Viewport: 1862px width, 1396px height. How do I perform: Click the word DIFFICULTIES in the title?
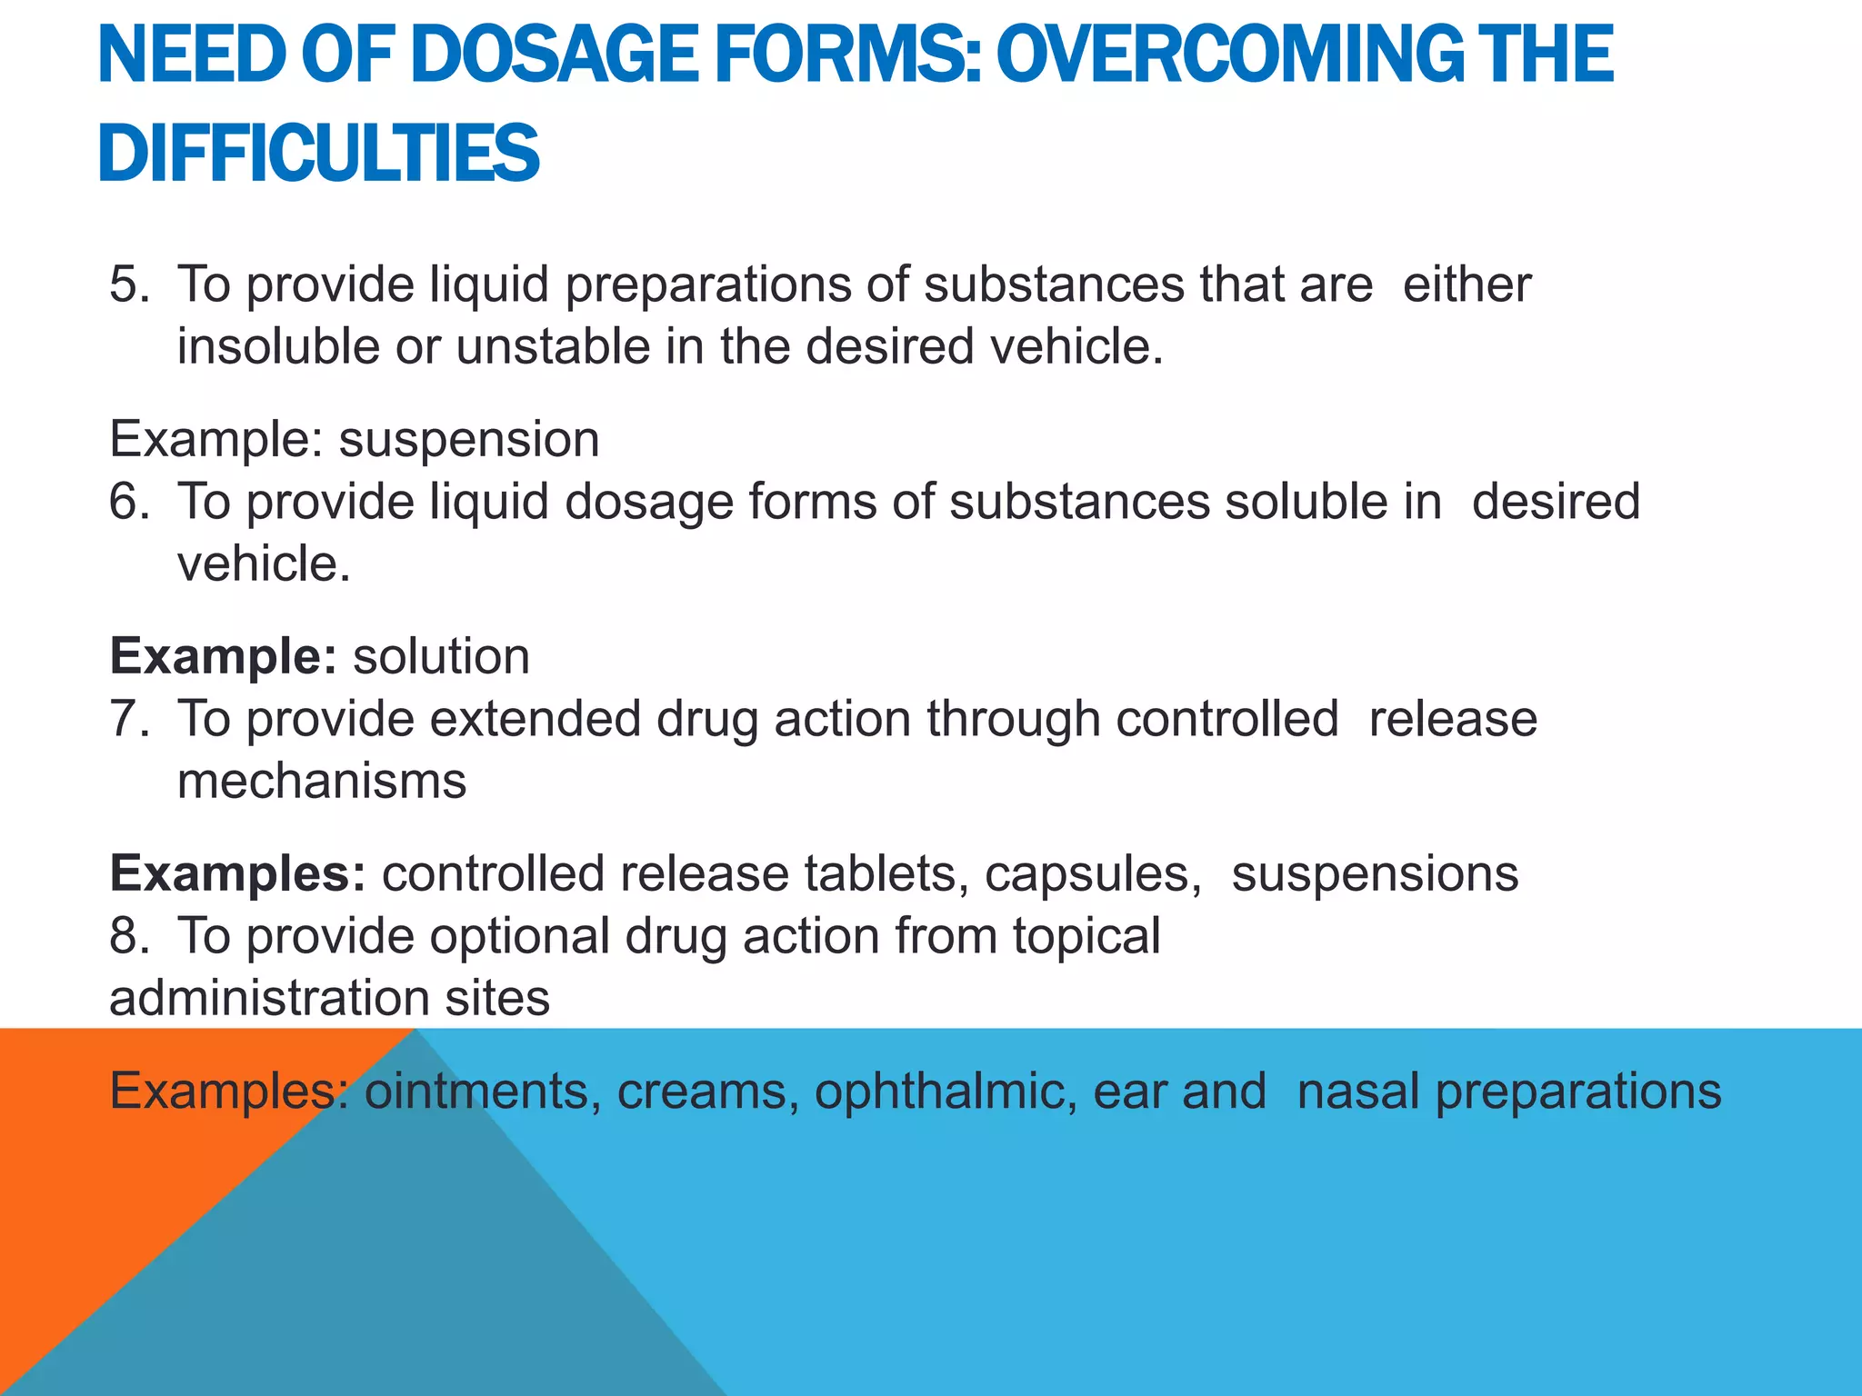[x=318, y=153]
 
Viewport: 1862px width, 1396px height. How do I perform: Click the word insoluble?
[x=277, y=346]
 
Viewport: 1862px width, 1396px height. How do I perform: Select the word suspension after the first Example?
[x=469, y=440]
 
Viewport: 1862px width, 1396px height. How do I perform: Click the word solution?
[x=441, y=656]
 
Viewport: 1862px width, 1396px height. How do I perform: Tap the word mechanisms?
[x=322, y=781]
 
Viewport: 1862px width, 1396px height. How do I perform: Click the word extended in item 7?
[x=536, y=718]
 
